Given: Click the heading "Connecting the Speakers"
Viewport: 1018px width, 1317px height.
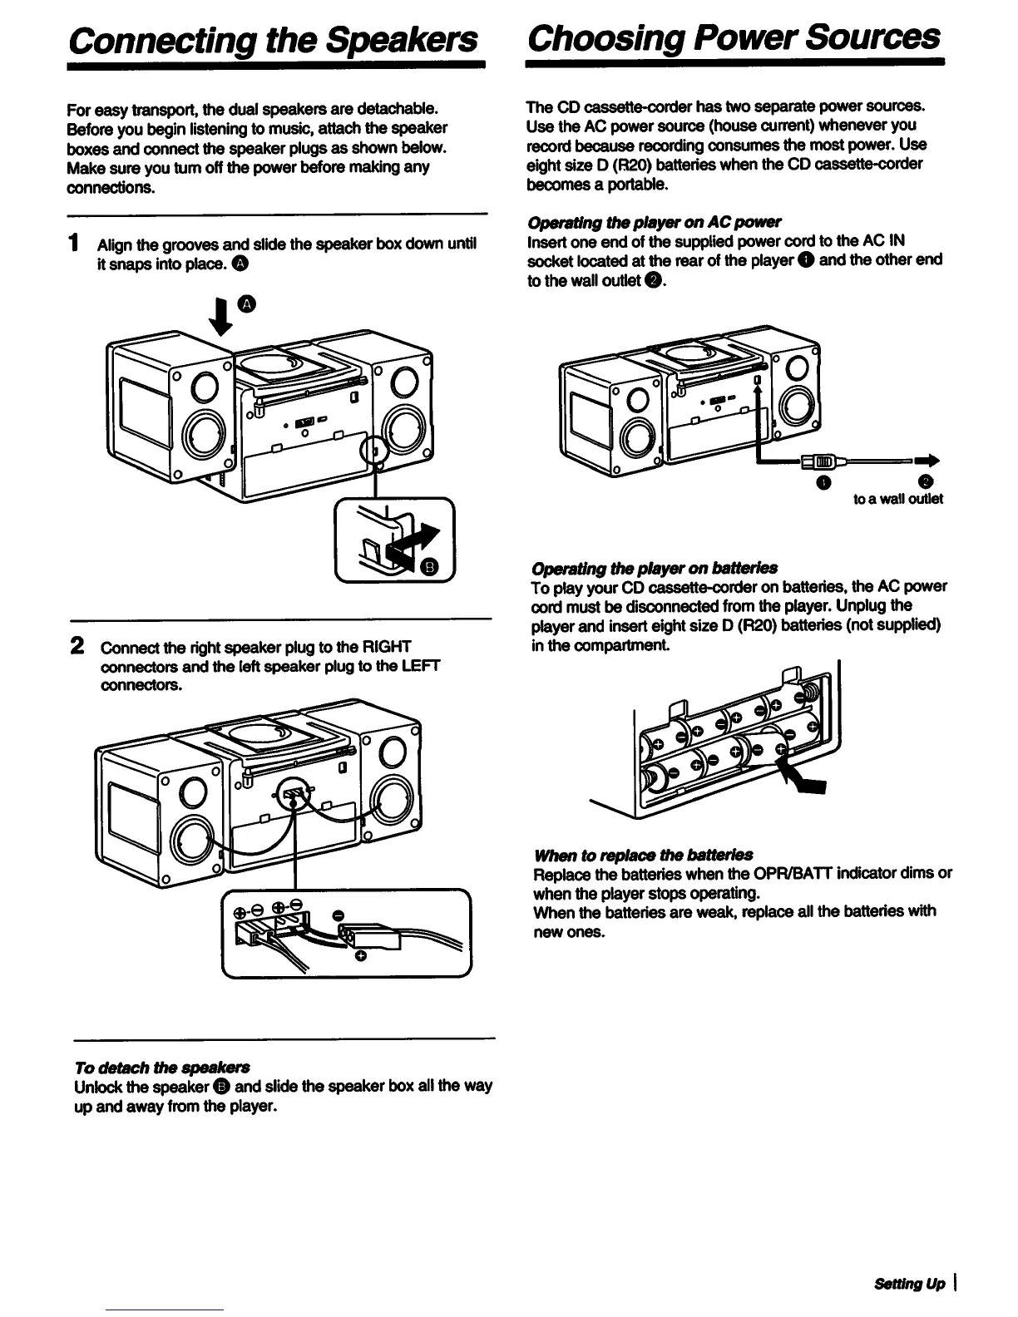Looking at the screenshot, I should click(x=274, y=38).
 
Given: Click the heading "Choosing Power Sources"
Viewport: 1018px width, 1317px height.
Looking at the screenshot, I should click(x=734, y=37).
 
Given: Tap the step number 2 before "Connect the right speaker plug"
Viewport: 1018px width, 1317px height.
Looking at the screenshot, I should click(x=77, y=646).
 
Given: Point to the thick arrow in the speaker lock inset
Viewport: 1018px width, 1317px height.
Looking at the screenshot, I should click(x=416, y=540).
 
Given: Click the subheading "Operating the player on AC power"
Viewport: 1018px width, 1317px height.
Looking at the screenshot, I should click(x=655, y=222).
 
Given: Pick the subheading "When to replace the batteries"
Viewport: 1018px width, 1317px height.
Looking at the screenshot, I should click(x=644, y=855).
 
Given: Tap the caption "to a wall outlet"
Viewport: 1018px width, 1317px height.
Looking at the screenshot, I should click(x=898, y=499).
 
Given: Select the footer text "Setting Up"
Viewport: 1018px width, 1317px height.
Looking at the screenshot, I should click(x=909, y=1284).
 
